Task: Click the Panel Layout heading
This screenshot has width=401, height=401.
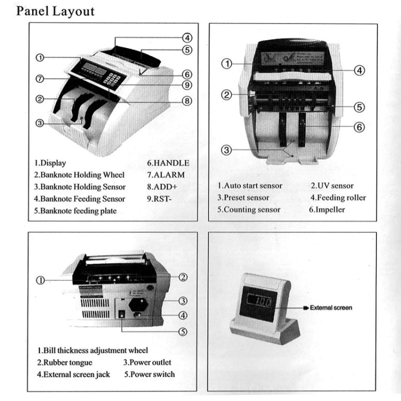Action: [55, 11]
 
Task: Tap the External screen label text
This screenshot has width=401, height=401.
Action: [331, 308]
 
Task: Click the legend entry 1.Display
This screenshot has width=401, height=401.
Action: [50, 163]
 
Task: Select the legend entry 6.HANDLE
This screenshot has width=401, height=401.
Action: [168, 163]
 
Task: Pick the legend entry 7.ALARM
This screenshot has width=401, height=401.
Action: [166, 175]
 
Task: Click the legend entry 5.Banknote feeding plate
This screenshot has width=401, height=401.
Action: [75, 211]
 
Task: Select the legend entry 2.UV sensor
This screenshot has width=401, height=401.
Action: [332, 186]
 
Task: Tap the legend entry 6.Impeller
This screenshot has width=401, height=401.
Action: [327, 210]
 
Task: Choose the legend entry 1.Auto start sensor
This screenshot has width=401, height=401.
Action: [250, 186]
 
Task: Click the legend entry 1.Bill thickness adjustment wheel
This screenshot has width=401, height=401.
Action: [92, 351]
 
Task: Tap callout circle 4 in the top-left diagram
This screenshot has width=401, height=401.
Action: [187, 38]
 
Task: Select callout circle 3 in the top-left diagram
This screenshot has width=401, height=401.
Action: [39, 123]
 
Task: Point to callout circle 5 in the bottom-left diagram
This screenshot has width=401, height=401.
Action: [182, 331]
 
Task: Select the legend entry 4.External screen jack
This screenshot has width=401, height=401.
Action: [74, 374]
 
